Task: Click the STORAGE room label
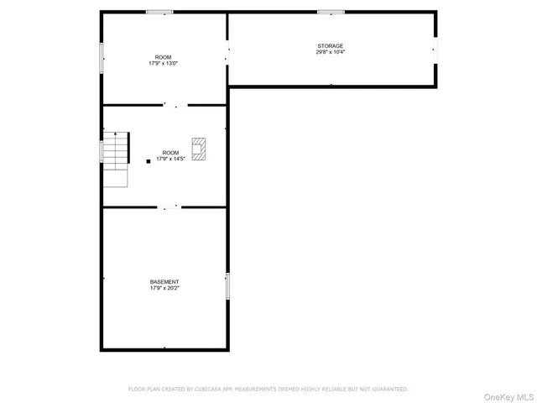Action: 330,45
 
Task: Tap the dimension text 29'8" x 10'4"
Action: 330,52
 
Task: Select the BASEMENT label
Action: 164,281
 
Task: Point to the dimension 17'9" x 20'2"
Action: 164,288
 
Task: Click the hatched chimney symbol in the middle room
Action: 198,149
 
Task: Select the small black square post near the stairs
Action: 149,160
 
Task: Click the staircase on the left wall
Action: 116,151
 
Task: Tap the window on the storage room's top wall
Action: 331,12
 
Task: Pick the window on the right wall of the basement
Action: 227,285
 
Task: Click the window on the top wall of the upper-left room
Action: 159,12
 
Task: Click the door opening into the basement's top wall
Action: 170,207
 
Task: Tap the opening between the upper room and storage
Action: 227,53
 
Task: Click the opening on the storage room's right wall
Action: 435,50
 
